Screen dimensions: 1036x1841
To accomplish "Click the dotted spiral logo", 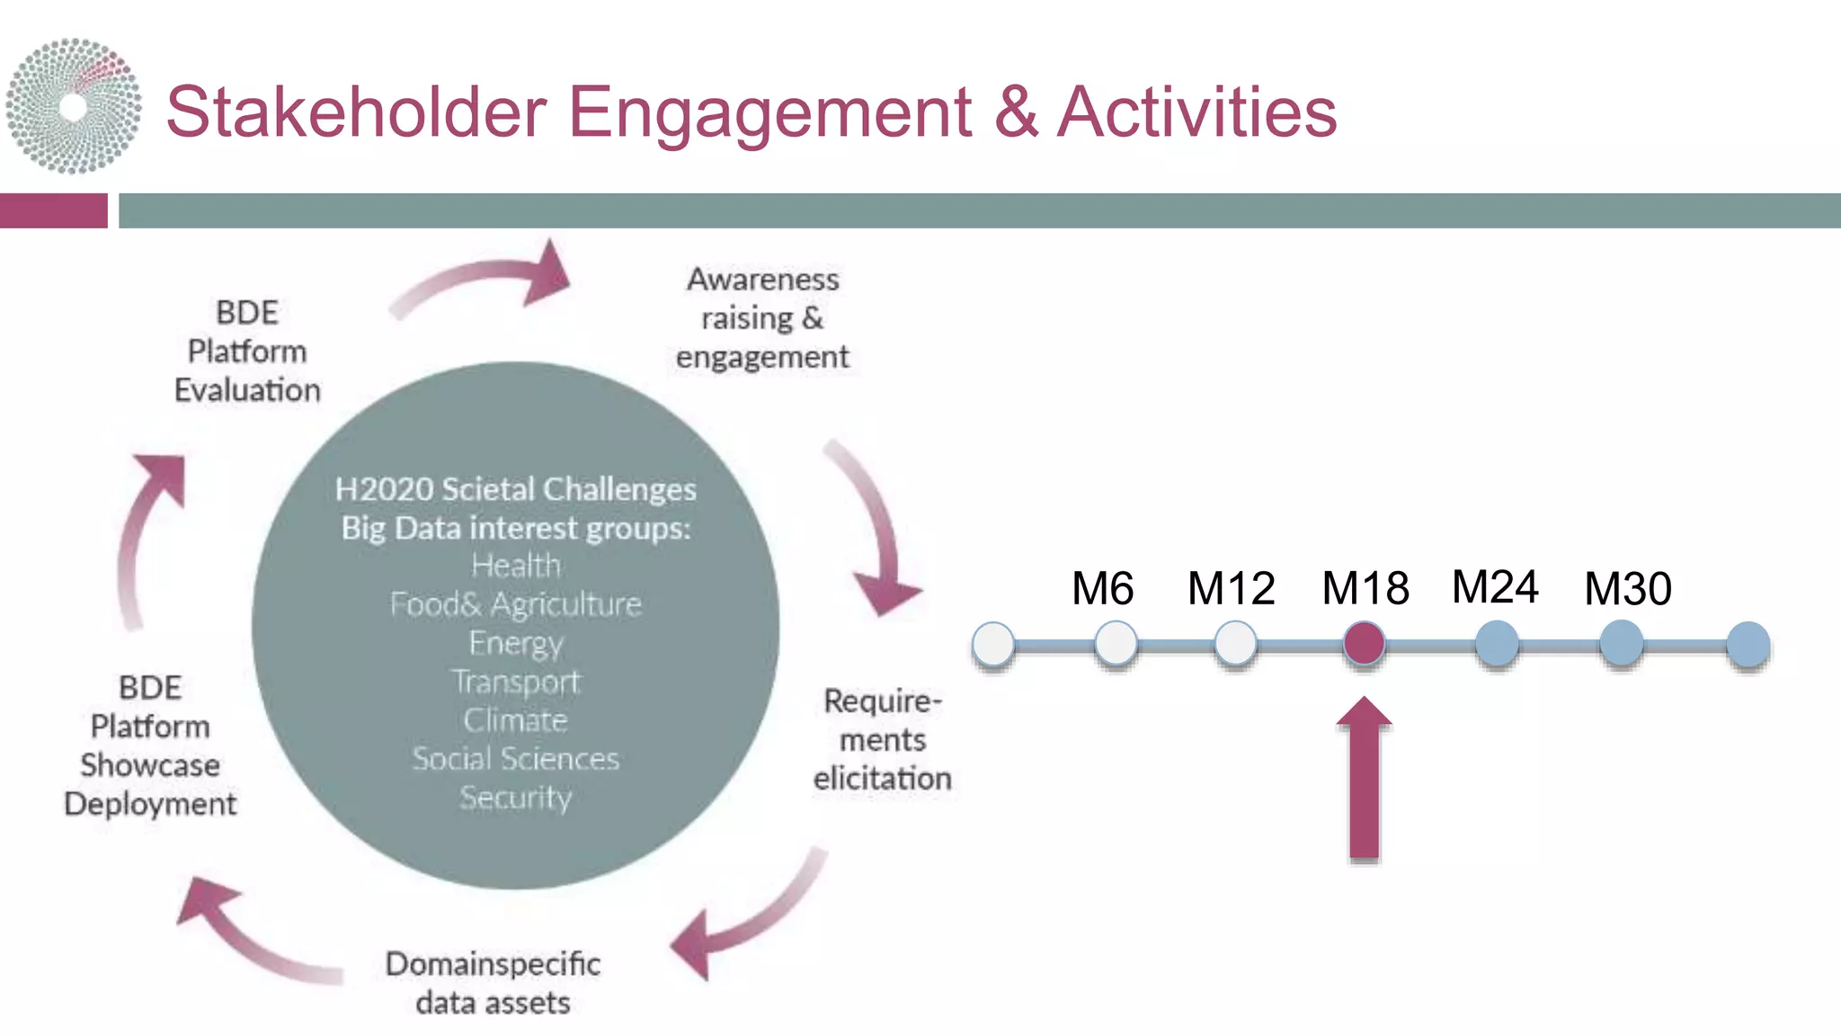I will (x=74, y=106).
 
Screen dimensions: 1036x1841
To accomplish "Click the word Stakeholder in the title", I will (x=356, y=112).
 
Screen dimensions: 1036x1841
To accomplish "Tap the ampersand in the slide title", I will (x=1015, y=112).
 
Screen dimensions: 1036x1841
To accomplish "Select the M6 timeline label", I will (x=1102, y=589).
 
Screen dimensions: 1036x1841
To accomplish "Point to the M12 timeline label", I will (x=1231, y=589).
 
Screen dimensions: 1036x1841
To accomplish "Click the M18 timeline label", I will (x=1365, y=589).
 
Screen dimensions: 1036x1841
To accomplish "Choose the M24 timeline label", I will (x=1495, y=587).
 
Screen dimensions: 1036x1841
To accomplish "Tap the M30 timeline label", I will (x=1627, y=589).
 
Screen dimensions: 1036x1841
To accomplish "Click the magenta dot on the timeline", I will (x=1364, y=644).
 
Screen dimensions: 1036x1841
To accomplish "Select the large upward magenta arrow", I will (x=1364, y=778).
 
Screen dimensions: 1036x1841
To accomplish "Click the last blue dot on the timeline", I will (x=1748, y=645).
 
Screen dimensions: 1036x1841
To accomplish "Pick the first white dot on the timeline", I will (x=993, y=645).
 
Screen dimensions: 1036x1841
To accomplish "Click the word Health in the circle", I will (x=516, y=566).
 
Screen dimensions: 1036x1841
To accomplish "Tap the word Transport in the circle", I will (x=516, y=682).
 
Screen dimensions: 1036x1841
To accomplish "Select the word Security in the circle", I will (x=516, y=798).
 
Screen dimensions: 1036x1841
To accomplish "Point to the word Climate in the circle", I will (x=516, y=720).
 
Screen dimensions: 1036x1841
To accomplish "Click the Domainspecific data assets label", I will (x=493, y=983).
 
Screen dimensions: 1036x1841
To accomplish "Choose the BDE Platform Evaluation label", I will (x=247, y=352).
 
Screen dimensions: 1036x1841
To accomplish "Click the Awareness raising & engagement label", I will (x=762, y=318).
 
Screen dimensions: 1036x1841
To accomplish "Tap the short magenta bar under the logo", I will (x=53, y=210).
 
